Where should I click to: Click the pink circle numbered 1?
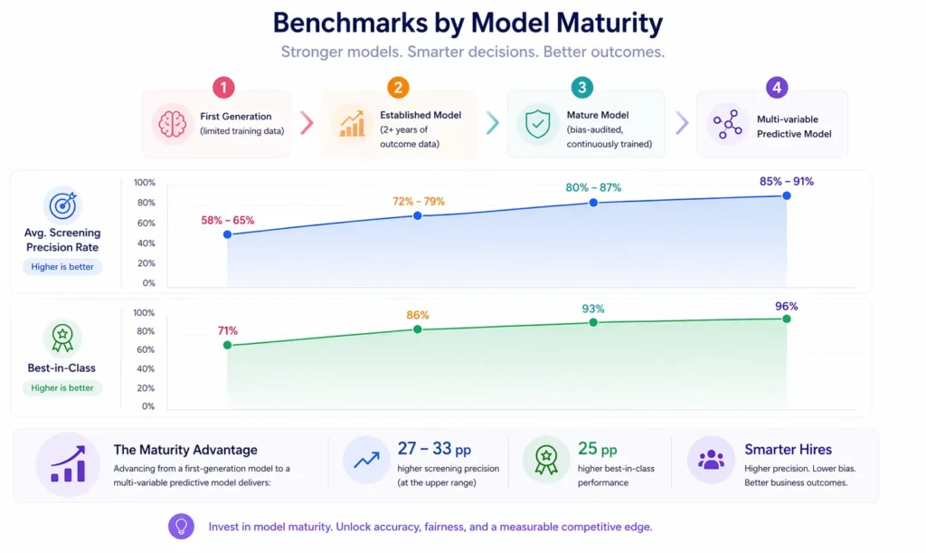click(223, 88)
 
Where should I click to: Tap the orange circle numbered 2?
click(398, 88)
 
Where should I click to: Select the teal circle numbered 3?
click(582, 88)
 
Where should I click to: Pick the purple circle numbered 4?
click(776, 88)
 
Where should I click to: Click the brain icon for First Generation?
click(172, 124)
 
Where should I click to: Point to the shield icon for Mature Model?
click(537, 124)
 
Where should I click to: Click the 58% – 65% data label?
click(228, 220)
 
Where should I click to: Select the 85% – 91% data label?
click(787, 181)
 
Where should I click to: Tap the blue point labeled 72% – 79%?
click(417, 215)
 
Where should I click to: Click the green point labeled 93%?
click(593, 322)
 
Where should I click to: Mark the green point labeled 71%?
click(227, 345)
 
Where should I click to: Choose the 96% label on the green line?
click(787, 306)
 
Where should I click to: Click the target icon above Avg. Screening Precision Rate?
click(62, 205)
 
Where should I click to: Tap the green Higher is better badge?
click(62, 387)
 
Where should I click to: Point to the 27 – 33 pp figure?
click(434, 449)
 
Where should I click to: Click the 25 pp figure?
click(598, 449)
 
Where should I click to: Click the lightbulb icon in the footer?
click(182, 527)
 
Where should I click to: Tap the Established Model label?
click(420, 115)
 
